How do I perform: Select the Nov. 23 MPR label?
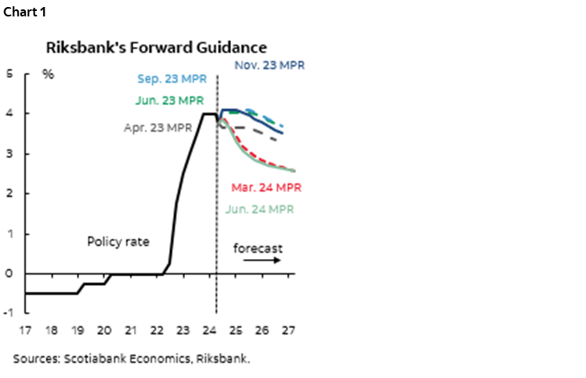(x=269, y=66)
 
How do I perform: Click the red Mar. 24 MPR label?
(x=266, y=188)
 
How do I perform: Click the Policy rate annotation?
(x=118, y=242)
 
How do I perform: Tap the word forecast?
(x=258, y=248)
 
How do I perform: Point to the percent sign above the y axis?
(x=48, y=75)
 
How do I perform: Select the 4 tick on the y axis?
(x=10, y=113)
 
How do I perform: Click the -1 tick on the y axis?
(x=9, y=313)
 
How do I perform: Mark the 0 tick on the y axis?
(x=10, y=273)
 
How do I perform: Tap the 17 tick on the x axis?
(x=27, y=329)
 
